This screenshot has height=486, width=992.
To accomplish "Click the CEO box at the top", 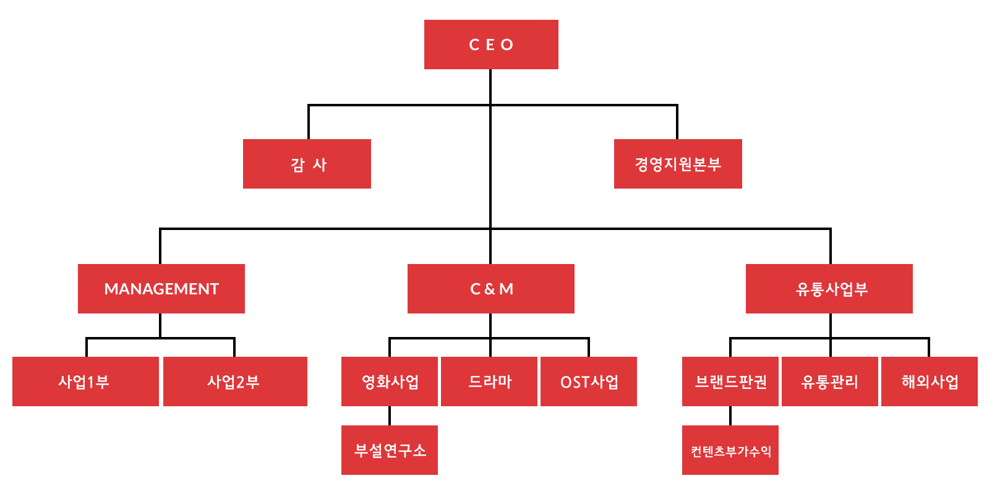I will (491, 45).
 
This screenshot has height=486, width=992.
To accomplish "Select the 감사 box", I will (307, 164).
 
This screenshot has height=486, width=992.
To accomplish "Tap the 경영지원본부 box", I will (678, 164).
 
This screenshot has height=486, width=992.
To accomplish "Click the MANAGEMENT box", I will (161, 289).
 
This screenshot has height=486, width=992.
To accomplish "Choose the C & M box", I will (491, 289).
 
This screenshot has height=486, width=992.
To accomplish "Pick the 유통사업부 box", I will (829, 289).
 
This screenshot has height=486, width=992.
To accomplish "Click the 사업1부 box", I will (85, 382).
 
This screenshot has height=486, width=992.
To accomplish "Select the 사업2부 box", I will (235, 382).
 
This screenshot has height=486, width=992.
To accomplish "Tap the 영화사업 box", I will (390, 382).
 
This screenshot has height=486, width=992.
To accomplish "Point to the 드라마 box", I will (489, 382).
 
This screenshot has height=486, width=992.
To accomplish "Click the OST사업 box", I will (589, 382).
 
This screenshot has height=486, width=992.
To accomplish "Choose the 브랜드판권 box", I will (730, 382).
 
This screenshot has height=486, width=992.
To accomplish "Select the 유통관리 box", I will (830, 382).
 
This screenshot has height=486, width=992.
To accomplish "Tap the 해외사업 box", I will (930, 382).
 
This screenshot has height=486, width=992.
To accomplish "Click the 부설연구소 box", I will (390, 450).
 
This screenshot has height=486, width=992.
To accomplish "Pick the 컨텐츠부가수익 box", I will (730, 450).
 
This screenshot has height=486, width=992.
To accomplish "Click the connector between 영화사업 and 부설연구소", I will (390, 416).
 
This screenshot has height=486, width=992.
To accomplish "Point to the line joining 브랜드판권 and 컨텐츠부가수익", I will (730, 416).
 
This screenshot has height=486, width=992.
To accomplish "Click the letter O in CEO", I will (507, 45).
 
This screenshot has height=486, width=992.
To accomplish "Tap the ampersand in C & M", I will (490, 289).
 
